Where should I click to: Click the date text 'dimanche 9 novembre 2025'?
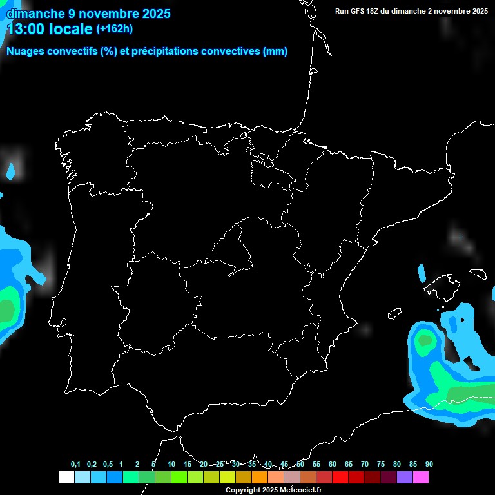(x=88, y=13)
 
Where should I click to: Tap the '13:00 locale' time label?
(x=50, y=28)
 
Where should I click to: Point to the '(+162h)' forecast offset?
(x=114, y=28)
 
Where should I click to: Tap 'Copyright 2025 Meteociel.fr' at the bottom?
(x=273, y=490)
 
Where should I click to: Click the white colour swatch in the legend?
(x=66, y=478)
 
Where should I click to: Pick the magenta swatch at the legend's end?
(x=421, y=478)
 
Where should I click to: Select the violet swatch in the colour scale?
(x=405, y=478)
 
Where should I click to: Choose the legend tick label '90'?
(x=429, y=465)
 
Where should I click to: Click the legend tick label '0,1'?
(x=75, y=465)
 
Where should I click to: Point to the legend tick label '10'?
(x=171, y=465)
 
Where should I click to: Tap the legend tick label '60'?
(x=332, y=465)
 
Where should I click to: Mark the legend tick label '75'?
(x=380, y=465)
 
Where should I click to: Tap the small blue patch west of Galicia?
(x=10, y=171)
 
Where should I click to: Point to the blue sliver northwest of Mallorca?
(x=422, y=273)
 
